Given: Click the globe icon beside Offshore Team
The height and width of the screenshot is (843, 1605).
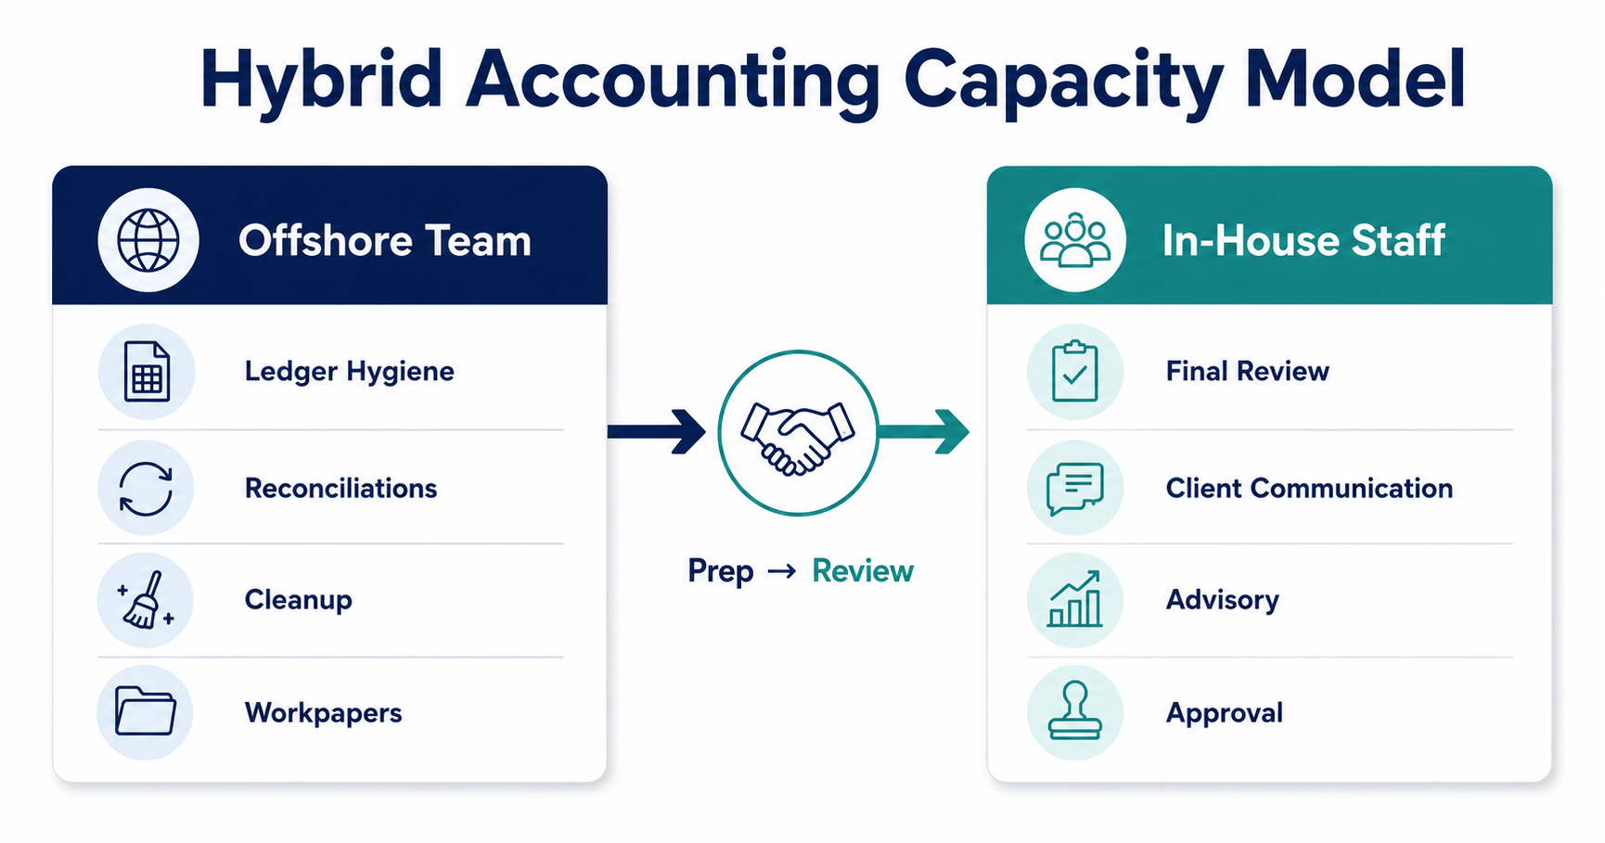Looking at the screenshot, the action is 148,240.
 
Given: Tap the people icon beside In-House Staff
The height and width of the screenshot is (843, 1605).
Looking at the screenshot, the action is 1074,240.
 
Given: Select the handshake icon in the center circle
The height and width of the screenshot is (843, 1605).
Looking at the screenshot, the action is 798,437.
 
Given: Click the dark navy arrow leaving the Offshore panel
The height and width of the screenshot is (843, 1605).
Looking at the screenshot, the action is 657,431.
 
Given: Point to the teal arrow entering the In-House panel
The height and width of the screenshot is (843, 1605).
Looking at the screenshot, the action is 924,431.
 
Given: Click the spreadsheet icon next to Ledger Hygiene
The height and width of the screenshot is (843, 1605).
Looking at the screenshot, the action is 147,372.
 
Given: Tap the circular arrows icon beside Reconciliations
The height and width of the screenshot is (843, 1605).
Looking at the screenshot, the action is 146,489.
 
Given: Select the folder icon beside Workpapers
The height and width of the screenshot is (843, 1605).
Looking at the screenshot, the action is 145,711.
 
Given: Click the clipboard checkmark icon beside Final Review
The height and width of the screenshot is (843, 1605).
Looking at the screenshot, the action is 1074,371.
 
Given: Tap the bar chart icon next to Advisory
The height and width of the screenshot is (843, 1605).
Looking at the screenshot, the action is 1074,599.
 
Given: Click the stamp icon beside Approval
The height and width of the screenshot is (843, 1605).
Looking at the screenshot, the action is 1074,711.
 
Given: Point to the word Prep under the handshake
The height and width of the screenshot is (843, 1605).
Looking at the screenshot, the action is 721,571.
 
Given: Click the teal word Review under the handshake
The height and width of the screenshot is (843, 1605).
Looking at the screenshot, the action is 863,571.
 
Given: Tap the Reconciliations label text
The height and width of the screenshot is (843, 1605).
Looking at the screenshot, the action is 340,489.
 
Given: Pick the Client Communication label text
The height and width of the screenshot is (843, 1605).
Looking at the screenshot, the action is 1309,489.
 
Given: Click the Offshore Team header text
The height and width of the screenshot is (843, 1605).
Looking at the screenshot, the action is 385,241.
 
